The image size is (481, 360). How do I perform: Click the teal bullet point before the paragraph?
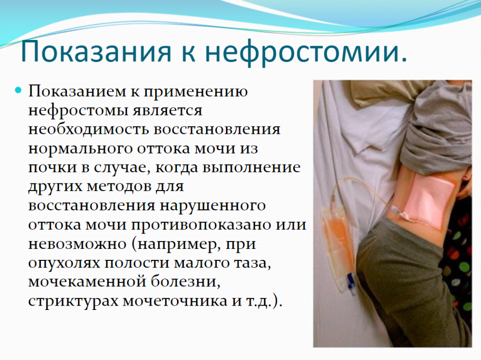[x=19, y=90]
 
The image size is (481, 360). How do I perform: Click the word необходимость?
[x=89, y=129]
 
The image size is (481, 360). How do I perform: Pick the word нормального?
[x=80, y=149]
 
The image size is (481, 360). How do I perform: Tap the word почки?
[x=53, y=168]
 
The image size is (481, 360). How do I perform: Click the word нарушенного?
[x=213, y=206]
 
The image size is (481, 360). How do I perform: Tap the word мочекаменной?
[x=87, y=282]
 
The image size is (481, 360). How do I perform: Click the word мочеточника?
[x=175, y=301]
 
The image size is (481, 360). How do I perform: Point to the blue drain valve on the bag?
[x=349, y=281]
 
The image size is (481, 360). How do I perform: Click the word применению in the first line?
[x=195, y=91]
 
